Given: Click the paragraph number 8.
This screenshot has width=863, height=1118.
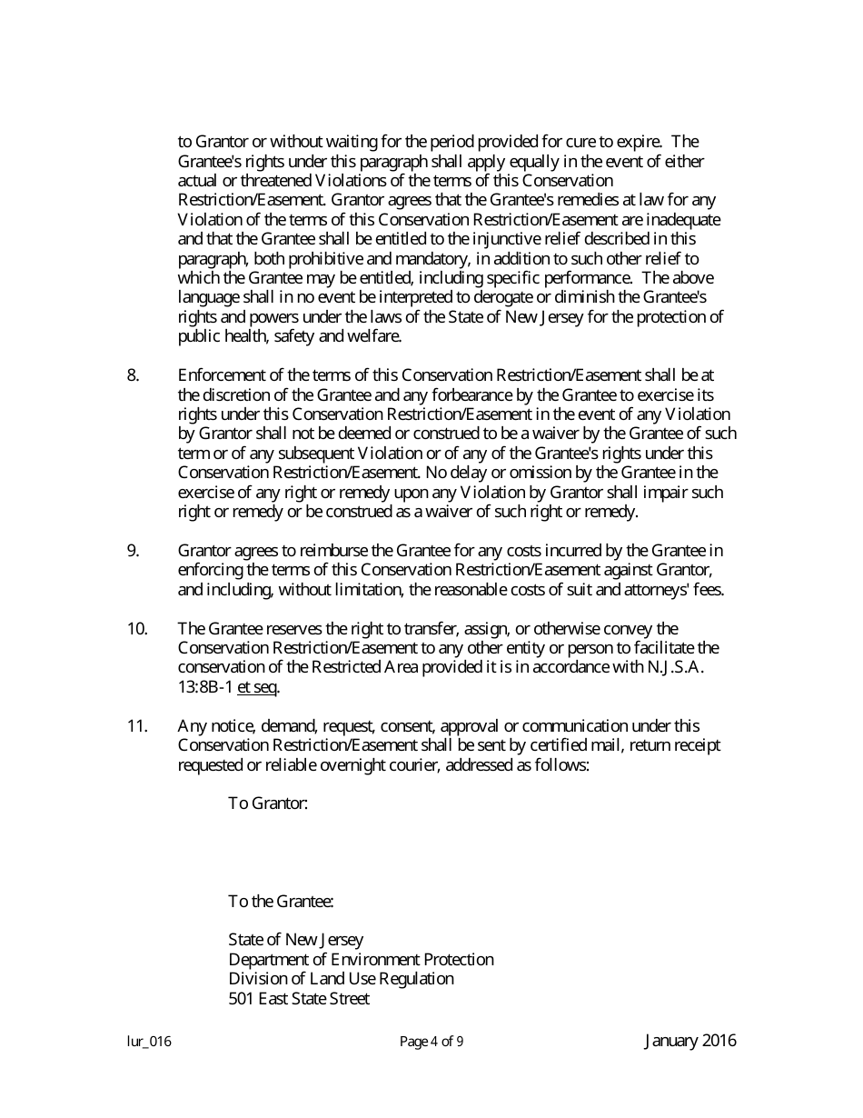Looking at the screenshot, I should click(133, 375).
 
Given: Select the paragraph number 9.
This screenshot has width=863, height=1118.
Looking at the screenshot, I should click(133, 551).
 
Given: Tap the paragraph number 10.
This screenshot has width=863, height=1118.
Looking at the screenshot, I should click(136, 629).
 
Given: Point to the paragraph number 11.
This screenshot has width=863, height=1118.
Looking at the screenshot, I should click(136, 726).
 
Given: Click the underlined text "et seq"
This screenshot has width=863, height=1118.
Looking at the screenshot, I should click(257, 687).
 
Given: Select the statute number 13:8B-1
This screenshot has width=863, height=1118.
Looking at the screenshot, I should click(205, 687).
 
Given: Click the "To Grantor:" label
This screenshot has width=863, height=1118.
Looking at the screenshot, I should click(268, 804).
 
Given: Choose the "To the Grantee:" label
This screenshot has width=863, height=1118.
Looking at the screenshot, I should click(281, 902).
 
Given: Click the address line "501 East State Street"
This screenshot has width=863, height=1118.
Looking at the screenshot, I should click(299, 999).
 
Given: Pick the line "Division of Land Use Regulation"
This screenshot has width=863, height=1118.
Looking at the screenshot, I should click(341, 979).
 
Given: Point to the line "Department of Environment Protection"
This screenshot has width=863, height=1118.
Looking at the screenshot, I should click(361, 960).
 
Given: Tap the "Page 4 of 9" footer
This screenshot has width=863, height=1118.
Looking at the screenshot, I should click(431, 1043).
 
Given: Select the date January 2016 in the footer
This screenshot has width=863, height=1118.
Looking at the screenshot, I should click(690, 1042).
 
